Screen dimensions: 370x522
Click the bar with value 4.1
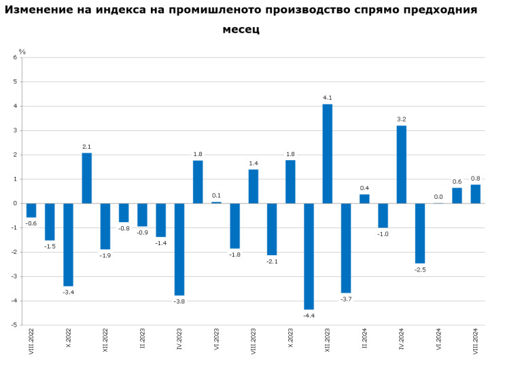click(327, 153)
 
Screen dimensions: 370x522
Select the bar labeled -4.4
click(309, 256)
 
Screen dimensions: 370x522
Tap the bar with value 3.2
click(401, 164)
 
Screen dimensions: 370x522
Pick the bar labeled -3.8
click(179, 249)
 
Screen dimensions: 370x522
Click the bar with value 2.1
click(87, 178)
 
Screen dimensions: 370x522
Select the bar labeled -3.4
click(68, 244)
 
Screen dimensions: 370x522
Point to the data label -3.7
click(346, 299)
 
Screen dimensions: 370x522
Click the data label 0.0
click(438, 197)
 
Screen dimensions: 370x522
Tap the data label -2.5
click(420, 270)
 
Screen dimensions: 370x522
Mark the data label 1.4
click(254, 163)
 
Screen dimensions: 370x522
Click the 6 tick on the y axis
click(15, 58)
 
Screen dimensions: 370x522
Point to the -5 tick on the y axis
click(14, 325)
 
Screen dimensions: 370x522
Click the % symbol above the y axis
click(22, 52)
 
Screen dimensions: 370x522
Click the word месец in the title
click(241, 31)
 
